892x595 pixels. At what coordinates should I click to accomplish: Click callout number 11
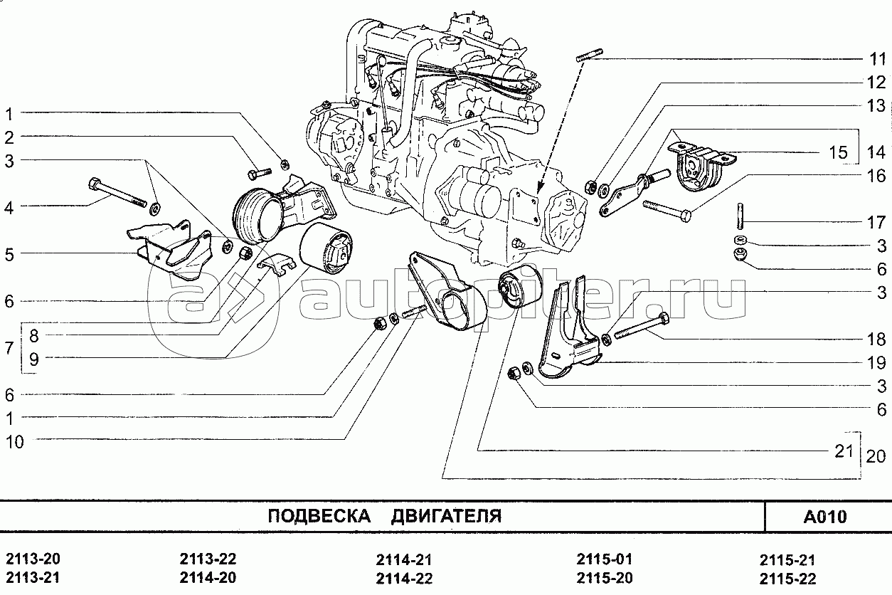click(876, 59)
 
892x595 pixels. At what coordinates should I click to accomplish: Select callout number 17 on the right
click(876, 222)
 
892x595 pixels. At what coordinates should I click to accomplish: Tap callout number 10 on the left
click(15, 442)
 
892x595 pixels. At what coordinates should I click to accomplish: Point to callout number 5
click(9, 254)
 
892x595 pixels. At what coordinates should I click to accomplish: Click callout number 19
click(876, 363)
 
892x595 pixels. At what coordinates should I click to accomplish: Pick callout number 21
click(844, 451)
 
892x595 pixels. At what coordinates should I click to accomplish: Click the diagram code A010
click(825, 517)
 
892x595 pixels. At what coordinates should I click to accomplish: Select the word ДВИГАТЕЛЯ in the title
click(446, 516)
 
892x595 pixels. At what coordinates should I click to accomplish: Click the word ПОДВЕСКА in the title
click(319, 516)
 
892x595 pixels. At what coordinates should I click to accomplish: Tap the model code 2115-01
click(605, 559)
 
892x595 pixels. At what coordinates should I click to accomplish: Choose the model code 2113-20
click(33, 559)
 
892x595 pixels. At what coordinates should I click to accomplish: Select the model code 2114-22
click(404, 578)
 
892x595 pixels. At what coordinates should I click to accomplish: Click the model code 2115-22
click(787, 579)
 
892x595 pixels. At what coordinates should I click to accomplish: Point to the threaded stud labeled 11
click(590, 55)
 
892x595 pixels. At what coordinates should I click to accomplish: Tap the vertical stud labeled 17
click(740, 216)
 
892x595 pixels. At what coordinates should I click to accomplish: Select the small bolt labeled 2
click(259, 174)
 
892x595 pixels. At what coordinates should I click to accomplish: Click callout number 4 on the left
click(9, 208)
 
